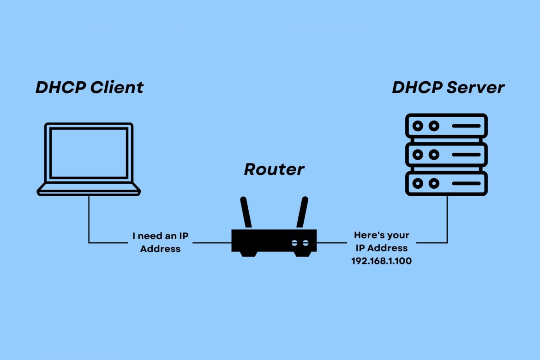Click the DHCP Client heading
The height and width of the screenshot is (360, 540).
coord(90,87)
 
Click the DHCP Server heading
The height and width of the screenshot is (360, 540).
coord(448,87)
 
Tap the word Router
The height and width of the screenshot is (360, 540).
coord(274,169)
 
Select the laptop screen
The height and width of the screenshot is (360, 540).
coord(89,153)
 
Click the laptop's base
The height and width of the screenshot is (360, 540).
coord(89,189)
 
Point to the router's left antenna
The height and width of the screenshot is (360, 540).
coord(246,213)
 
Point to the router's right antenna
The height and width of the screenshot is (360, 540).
coord(302,213)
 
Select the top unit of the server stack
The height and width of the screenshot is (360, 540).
coord(446,126)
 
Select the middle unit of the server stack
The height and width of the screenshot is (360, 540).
coord(446,155)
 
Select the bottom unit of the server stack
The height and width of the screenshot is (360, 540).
coord(446,184)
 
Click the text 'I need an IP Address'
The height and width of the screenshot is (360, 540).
coord(160,242)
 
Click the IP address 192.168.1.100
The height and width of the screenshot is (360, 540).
coord(381,261)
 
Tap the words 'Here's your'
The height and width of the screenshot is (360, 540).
coord(381,235)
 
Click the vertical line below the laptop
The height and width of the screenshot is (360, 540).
coord(89,219)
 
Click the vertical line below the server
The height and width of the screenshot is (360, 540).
coord(447,219)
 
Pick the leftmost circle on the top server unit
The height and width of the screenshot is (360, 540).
coord(418,126)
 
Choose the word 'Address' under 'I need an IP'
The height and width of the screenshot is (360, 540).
coord(160,249)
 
